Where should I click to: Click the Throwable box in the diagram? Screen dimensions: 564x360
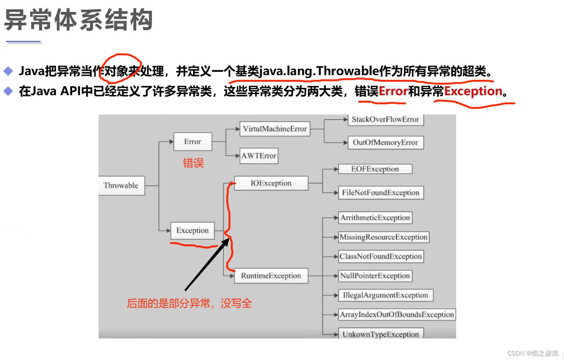[x=121, y=185]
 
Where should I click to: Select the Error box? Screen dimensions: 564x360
[x=193, y=142]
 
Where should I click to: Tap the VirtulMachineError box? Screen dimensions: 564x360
[x=275, y=129]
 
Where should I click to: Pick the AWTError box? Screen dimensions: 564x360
[x=259, y=156]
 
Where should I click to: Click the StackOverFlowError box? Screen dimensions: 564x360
[x=385, y=119]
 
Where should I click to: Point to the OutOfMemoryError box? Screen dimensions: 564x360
[x=385, y=142]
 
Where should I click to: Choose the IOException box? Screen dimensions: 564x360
[x=271, y=183]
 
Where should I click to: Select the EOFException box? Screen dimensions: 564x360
[x=375, y=169]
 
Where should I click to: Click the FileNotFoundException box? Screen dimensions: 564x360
[x=381, y=193]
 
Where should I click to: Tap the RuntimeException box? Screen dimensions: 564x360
[x=271, y=276]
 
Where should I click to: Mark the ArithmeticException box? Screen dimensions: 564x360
[x=375, y=218]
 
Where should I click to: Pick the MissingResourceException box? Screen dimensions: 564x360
[x=384, y=237]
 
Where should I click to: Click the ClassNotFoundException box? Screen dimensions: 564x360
[x=381, y=256]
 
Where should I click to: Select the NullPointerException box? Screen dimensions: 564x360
[x=375, y=276]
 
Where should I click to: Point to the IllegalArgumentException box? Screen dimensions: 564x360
[x=386, y=295]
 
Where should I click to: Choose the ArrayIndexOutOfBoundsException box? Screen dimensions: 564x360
[x=397, y=315]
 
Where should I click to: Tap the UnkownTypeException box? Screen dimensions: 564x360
[x=381, y=334]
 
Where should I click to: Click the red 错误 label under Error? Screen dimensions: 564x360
[x=193, y=163]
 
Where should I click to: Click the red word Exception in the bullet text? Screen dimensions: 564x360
[x=473, y=91]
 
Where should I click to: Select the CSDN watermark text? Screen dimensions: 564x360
[x=533, y=353]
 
